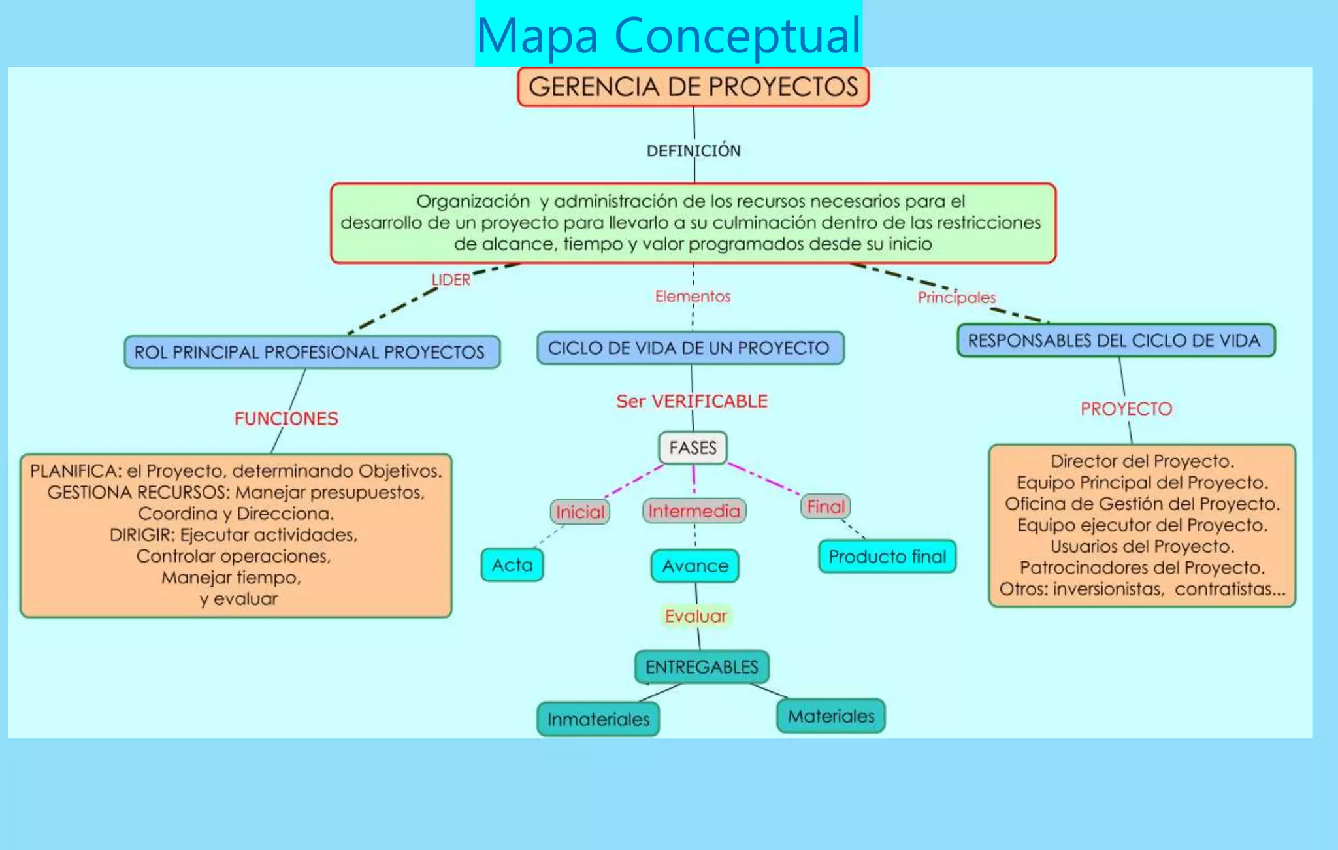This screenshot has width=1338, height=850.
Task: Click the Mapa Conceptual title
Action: tap(668, 34)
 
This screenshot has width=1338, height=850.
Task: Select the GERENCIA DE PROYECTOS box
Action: tap(693, 87)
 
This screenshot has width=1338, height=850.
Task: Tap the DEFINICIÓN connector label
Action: tap(693, 150)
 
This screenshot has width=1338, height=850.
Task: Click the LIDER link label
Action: tap(451, 280)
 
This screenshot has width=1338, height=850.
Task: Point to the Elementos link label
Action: tap(693, 296)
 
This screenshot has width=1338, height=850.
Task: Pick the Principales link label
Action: tap(956, 297)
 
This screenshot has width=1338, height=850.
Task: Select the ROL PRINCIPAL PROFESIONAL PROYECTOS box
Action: tap(312, 352)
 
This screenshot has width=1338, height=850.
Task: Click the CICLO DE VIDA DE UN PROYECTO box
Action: tap(690, 348)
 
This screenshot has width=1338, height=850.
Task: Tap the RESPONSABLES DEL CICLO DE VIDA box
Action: tap(1115, 340)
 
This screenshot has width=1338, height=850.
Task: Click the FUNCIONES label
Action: tap(286, 418)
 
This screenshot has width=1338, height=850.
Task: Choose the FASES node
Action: tap(693, 448)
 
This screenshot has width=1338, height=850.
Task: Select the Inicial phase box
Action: tap(580, 512)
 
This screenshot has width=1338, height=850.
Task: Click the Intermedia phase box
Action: tap(694, 510)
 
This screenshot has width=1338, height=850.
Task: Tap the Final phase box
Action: tap(826, 506)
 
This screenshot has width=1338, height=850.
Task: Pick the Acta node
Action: tap(512, 565)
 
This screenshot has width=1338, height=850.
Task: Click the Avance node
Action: tap(695, 566)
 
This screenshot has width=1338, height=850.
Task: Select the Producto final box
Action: tap(887, 557)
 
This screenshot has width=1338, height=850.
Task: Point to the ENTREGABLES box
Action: tap(702, 666)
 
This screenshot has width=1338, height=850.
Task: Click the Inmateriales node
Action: tap(598, 719)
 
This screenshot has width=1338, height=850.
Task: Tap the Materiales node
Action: tap(831, 716)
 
